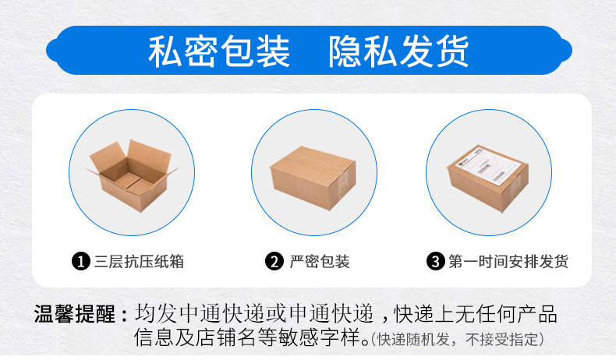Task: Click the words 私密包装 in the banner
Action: tap(219, 51)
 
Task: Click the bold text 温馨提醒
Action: tap(75, 316)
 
